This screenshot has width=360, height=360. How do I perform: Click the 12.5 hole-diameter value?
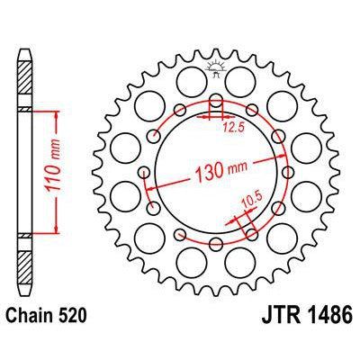(x=234, y=126)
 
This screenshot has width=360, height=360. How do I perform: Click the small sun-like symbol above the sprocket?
(x=217, y=65)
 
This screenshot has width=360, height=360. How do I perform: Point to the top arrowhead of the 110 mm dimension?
(x=57, y=113)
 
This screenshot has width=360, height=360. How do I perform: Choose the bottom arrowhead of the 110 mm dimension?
(x=57, y=231)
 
